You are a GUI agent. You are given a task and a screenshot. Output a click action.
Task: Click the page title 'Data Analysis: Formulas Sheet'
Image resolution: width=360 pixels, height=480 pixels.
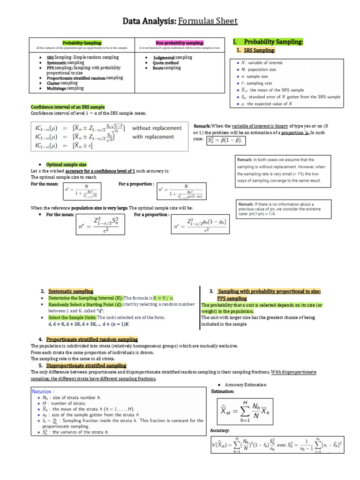coord(180,21)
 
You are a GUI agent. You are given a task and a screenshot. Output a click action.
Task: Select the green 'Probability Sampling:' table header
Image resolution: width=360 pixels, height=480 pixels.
coord(82,43)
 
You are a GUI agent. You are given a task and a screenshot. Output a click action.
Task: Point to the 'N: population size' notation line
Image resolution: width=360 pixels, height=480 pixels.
coord(258,69)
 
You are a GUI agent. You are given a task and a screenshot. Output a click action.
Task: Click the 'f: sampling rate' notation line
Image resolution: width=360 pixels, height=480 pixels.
coord(255,83)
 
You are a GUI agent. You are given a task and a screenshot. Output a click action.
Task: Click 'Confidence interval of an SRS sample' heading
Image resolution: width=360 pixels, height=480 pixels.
coord(67,107)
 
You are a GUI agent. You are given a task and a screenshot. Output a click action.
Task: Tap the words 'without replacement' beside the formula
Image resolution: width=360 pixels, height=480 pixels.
coord(157,128)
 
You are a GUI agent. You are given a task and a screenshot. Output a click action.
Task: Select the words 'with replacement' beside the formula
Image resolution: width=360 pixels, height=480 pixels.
coord(150,137)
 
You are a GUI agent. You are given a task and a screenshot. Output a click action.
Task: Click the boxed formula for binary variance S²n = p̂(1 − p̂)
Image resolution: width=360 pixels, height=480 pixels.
coord(226,140)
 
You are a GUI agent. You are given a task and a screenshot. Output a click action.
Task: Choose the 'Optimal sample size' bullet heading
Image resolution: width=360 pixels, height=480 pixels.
coord(66,165)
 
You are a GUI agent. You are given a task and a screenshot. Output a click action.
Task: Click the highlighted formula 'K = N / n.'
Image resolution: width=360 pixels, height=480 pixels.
coord(163,298)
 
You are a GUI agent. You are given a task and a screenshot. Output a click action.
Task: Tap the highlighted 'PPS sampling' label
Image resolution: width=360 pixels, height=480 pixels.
coord(232,298)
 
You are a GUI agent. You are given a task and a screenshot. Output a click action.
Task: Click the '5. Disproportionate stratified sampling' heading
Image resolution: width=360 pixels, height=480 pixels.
coord(86,365)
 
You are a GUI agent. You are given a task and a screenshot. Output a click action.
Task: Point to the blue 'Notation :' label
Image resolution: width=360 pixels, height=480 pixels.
coord(43,391)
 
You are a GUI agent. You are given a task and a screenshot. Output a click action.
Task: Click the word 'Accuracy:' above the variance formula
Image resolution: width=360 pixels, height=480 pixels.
coord(220,430)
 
